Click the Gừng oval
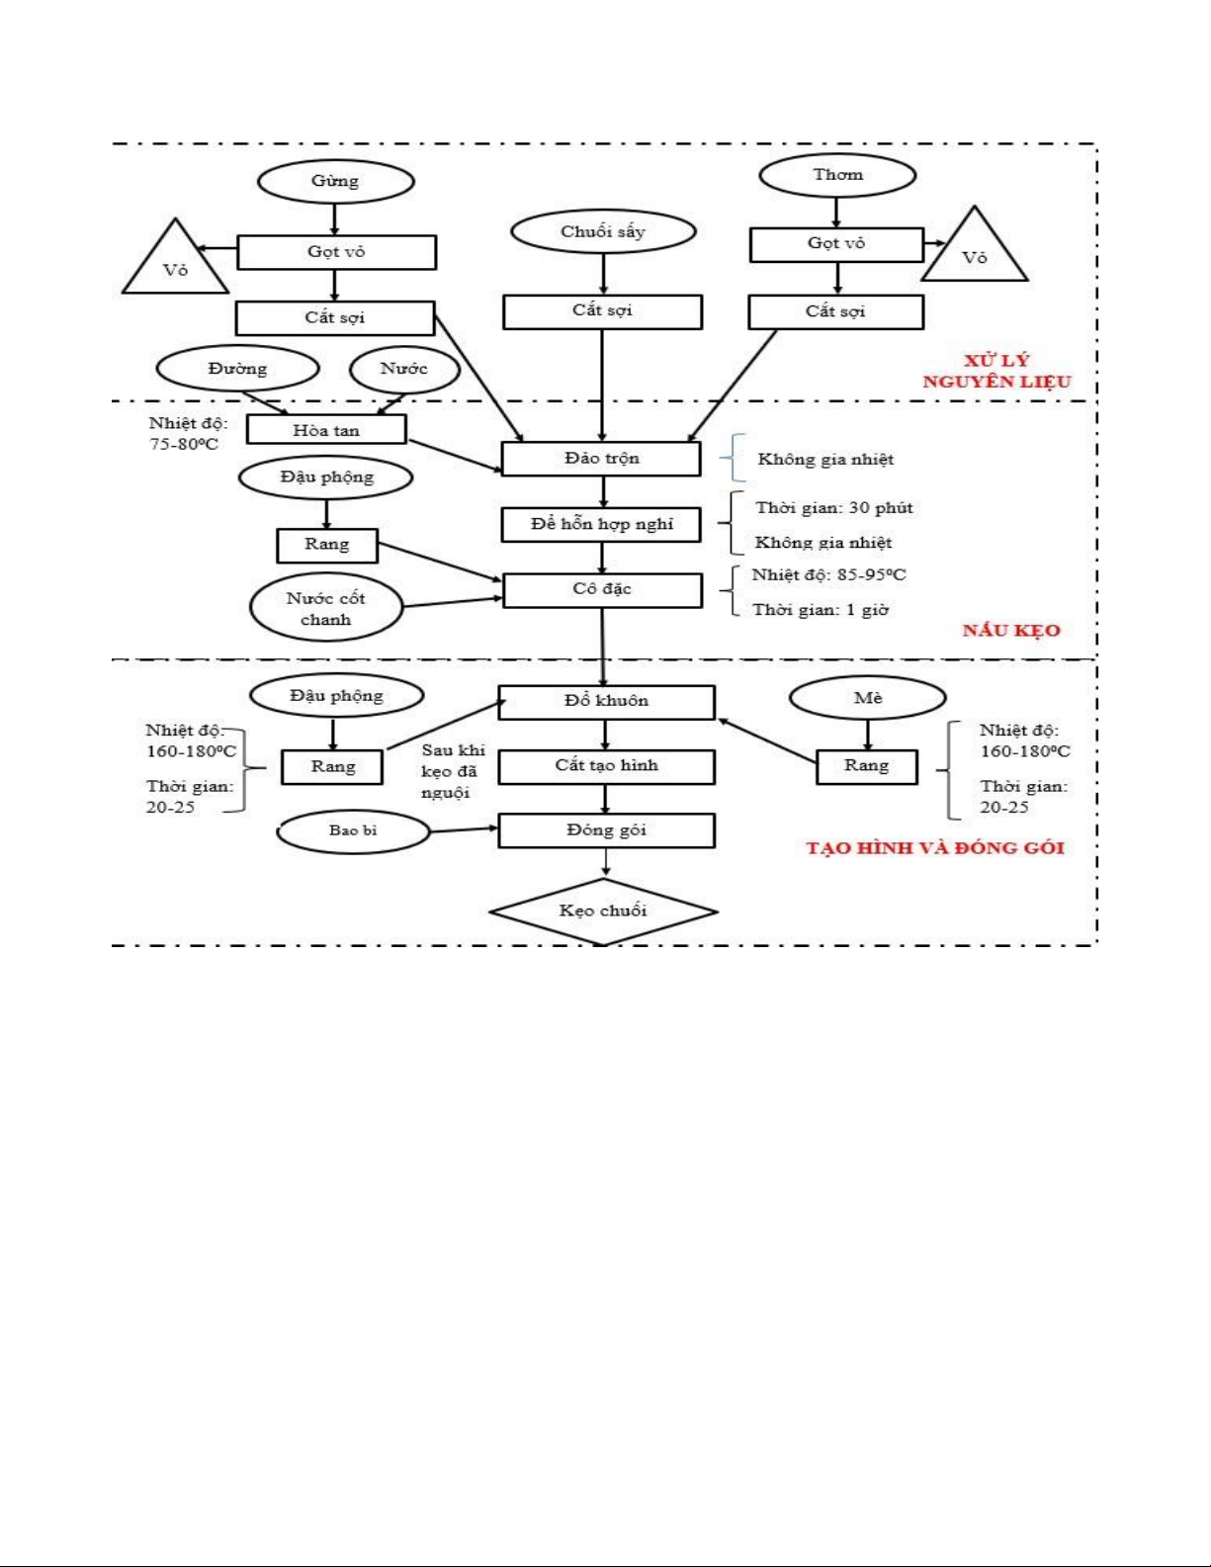point(335,181)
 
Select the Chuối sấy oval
point(603,231)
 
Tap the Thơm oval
point(837,175)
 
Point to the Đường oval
point(237,369)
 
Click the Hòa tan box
point(326,430)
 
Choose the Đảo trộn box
point(602,459)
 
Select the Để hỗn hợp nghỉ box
point(602,524)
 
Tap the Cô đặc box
point(602,589)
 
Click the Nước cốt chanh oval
point(326,609)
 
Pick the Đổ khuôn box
point(606,701)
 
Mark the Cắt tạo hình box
point(606,766)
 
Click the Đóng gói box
point(606,830)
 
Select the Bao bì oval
point(353,830)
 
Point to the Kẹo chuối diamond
point(603,911)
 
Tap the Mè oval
point(867,699)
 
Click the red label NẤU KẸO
point(1011,631)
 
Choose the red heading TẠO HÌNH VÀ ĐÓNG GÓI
point(935,848)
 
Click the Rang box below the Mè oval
point(867,766)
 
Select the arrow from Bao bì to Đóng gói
point(464,828)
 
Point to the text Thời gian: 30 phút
point(834,508)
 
